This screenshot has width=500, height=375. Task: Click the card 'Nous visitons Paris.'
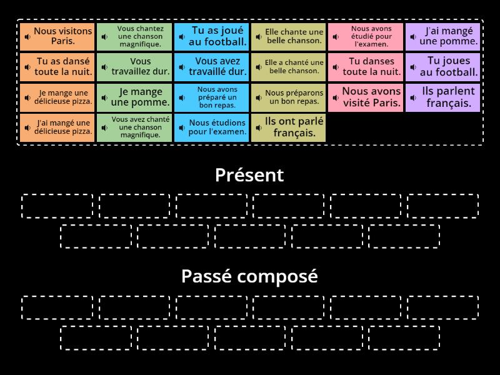[x=57, y=36]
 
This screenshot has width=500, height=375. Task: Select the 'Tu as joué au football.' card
[x=212, y=36]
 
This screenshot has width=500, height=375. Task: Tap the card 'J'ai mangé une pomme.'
[x=443, y=36]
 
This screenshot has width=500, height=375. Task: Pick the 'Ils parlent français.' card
[x=443, y=97]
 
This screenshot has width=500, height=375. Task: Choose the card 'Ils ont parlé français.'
[x=289, y=127]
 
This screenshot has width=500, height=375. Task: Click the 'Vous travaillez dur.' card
[x=134, y=67]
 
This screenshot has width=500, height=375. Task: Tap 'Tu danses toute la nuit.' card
[x=366, y=67]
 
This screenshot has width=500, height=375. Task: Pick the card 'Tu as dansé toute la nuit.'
[x=57, y=67]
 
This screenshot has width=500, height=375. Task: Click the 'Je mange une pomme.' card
[x=134, y=97]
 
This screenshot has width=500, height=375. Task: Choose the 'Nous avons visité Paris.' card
[x=366, y=97]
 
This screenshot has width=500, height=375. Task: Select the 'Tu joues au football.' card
[x=443, y=67]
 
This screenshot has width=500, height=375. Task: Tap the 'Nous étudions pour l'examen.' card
[x=212, y=127]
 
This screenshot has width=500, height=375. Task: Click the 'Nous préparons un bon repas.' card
[x=289, y=97]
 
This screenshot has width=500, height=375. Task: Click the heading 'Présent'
[x=249, y=175]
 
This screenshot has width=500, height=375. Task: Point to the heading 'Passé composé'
[x=249, y=276]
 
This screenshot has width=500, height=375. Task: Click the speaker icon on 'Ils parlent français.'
[x=414, y=97]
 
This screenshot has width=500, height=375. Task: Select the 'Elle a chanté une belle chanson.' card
[x=289, y=67]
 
